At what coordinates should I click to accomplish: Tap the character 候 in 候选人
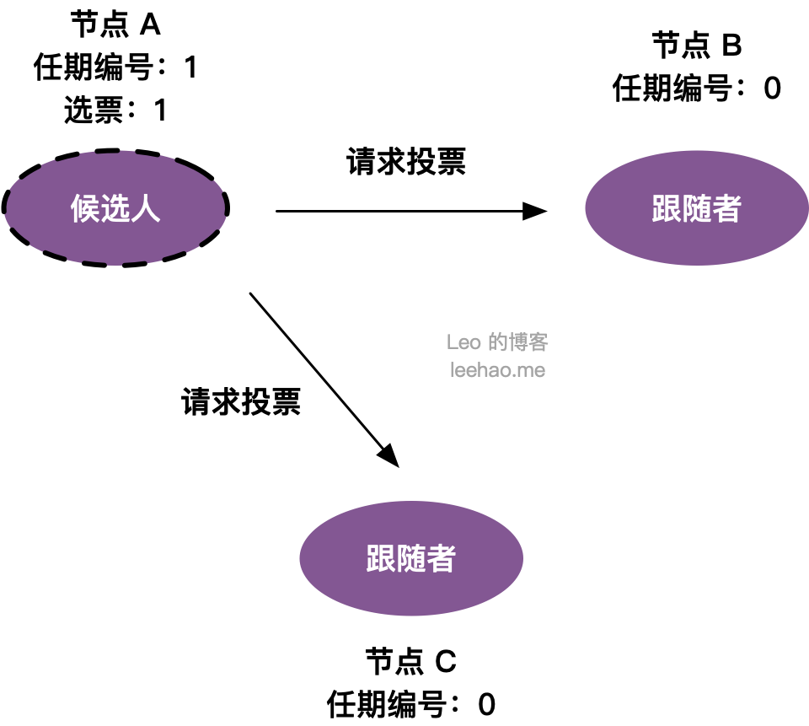85,208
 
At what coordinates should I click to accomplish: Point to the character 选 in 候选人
115,208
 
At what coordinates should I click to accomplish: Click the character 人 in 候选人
146,208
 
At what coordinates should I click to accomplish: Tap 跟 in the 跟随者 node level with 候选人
666,208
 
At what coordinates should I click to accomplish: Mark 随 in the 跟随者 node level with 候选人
696,208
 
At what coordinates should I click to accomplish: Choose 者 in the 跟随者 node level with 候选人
726,208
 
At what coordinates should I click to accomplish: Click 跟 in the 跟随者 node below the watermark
381,558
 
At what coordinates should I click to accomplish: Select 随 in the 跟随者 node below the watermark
411,558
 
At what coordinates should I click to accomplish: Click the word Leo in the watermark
463,342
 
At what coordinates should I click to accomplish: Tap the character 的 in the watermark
497,342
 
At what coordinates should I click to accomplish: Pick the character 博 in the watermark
517,342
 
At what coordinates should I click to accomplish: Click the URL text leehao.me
497,370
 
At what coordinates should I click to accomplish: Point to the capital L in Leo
452,342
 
